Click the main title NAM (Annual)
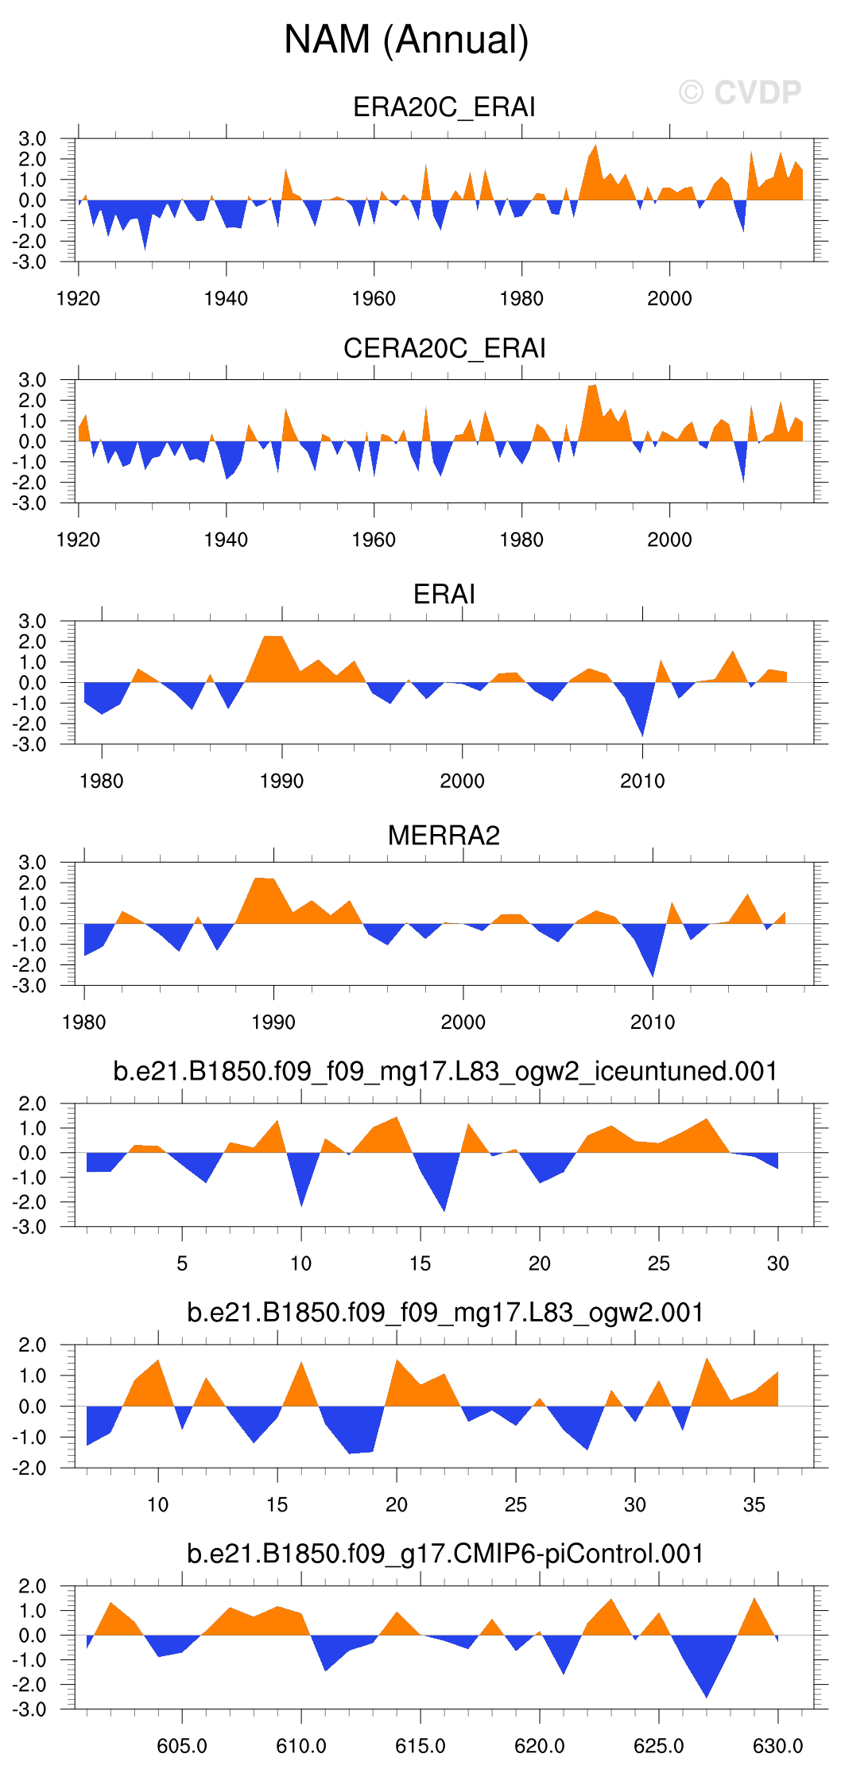coord(406,40)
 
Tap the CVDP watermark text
coord(740,93)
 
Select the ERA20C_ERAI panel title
coord(444,107)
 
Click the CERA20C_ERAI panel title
coord(444,348)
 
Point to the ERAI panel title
coord(444,594)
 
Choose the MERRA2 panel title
coord(444,836)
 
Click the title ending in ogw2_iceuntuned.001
coord(445,1071)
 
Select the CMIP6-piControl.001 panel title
coord(445,1553)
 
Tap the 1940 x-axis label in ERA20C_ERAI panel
coord(226,299)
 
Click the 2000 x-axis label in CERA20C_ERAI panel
coord(669,540)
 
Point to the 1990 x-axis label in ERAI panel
coord(281,781)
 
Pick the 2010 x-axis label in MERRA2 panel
coord(653,1022)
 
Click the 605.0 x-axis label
coord(182,1746)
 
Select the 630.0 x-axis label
coord(777,1746)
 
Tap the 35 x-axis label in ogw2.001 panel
coord(754,1504)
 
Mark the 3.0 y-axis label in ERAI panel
coord(33,621)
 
